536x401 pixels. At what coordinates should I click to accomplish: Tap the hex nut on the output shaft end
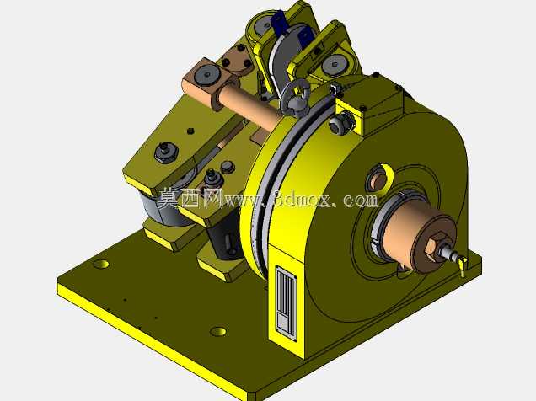(435, 244)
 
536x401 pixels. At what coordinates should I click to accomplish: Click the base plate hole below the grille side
(218, 331)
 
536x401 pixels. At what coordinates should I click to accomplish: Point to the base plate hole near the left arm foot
(101, 264)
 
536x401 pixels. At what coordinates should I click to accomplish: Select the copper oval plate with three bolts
(237, 61)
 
